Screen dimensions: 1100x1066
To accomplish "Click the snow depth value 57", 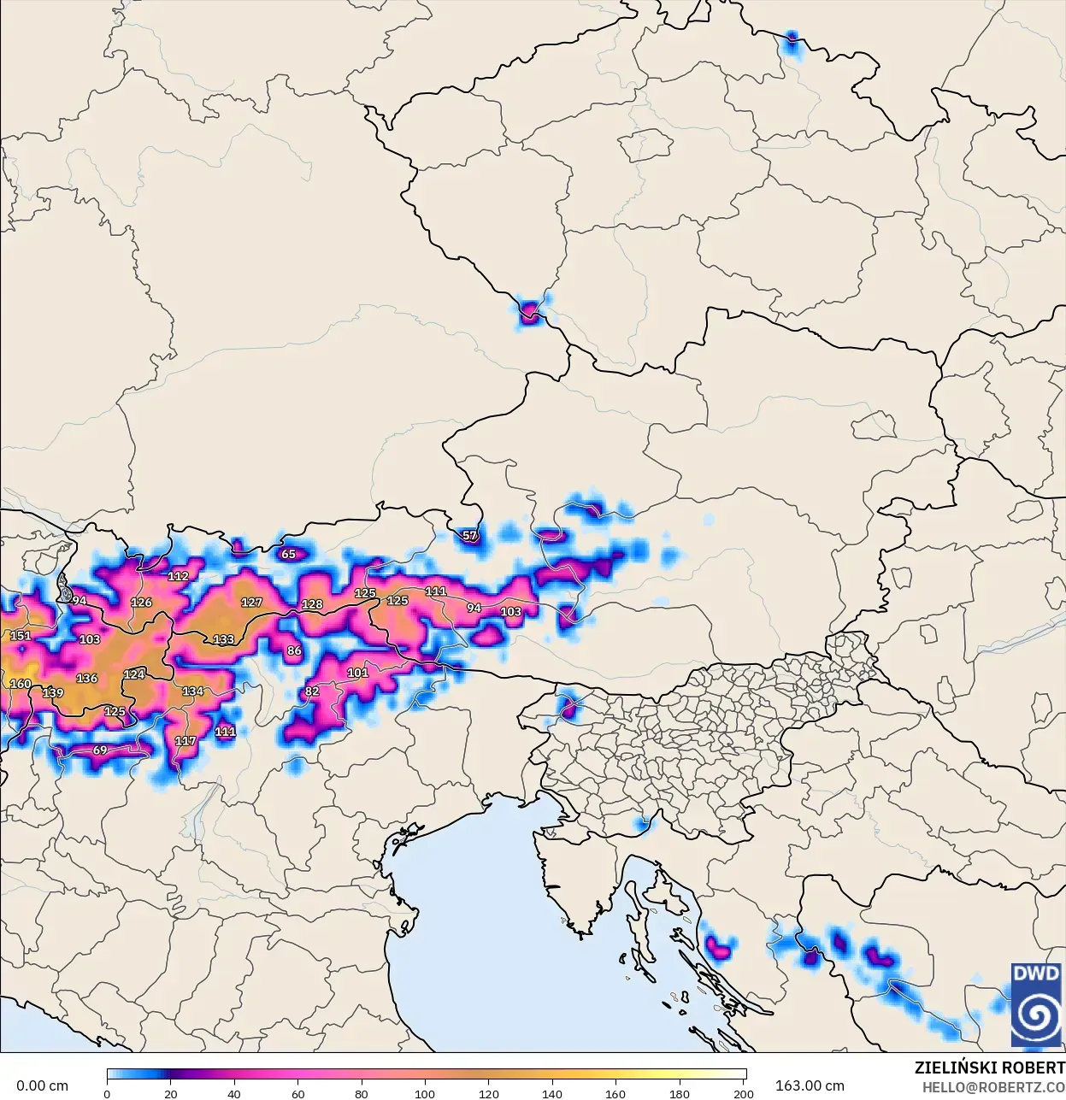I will pyautogui.click(x=470, y=536).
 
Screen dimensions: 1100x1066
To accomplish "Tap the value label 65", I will pyautogui.click(x=289, y=554).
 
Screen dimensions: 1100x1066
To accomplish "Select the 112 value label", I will pyautogui.click(x=178, y=576).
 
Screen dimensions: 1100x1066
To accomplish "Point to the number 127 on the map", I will pyautogui.click(x=251, y=603).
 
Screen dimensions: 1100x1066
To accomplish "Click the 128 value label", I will pyautogui.click(x=312, y=604).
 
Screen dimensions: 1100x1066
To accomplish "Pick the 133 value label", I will pyautogui.click(x=223, y=639).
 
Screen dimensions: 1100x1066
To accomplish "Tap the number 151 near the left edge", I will pyautogui.click(x=20, y=636).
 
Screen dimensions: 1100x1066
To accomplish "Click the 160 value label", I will pyautogui.click(x=20, y=684).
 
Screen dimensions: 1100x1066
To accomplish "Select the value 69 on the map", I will pyautogui.click(x=100, y=750).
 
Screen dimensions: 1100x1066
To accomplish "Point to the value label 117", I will pyautogui.click(x=186, y=741).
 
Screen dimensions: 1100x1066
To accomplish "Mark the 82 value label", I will pyautogui.click(x=312, y=691).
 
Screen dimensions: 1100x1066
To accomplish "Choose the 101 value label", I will pyautogui.click(x=357, y=673).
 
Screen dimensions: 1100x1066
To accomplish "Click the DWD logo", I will pyautogui.click(x=1035, y=1004).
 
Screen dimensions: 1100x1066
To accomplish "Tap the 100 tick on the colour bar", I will pyautogui.click(x=425, y=1093).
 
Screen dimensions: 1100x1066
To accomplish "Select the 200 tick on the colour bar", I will pyautogui.click(x=744, y=1093).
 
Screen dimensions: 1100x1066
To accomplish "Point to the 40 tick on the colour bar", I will pyautogui.click(x=233, y=1093).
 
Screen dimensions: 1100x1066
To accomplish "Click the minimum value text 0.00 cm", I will pyautogui.click(x=42, y=1085).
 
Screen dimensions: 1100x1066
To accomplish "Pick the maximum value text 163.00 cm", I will pyautogui.click(x=810, y=1085).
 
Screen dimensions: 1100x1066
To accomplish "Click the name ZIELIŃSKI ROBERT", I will pyautogui.click(x=989, y=1068).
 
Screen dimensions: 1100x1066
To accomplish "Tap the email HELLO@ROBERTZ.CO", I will pyautogui.click(x=993, y=1087).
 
